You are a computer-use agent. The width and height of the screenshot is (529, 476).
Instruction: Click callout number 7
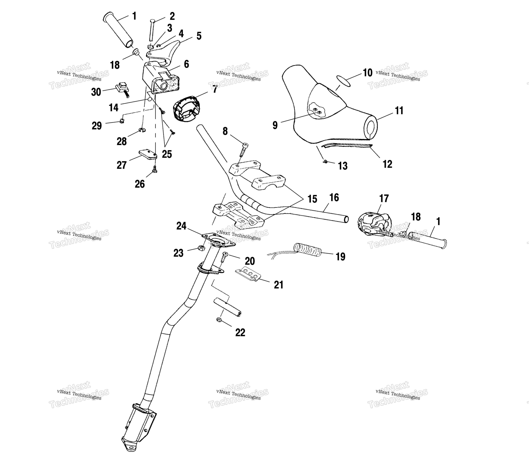[215, 89]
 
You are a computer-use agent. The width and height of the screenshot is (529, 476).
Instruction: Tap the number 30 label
[96, 92]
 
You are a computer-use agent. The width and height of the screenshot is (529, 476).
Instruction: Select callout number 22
[240, 333]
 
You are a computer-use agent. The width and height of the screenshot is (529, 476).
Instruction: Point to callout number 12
[387, 164]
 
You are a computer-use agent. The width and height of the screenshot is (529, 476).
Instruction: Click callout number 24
[181, 226]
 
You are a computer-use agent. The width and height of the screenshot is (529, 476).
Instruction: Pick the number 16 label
[334, 198]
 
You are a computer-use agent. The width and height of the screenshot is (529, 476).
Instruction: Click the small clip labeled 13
[325, 162]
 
